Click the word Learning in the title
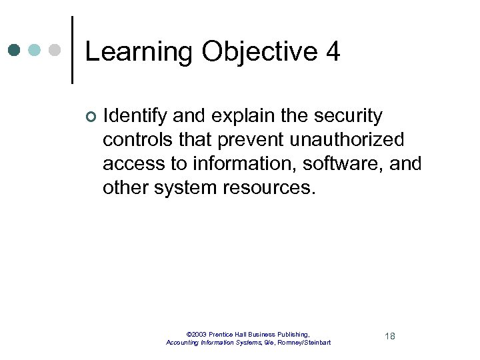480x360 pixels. pyautogui.click(x=137, y=52)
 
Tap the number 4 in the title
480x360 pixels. pyautogui.click(x=333, y=52)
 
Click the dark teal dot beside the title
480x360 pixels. pyautogui.click(x=15, y=50)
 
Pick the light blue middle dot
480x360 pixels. pyautogui.click(x=35, y=50)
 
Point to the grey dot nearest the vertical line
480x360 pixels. pyautogui.click(x=55, y=50)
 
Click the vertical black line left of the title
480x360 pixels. pyautogui.click(x=72, y=50)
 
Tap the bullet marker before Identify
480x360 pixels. pyautogui.click(x=90, y=117)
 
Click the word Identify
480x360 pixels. pyautogui.click(x=135, y=116)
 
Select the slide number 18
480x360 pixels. pyautogui.click(x=390, y=336)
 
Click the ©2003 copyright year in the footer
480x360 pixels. pyautogui.click(x=197, y=334)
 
